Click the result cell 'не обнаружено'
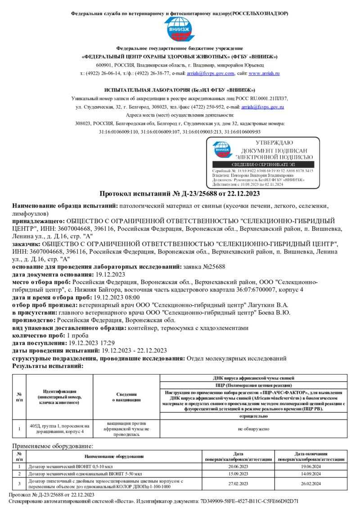[253, 429]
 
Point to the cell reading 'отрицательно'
[253, 416]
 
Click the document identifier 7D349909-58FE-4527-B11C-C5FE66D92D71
[255, 500]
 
